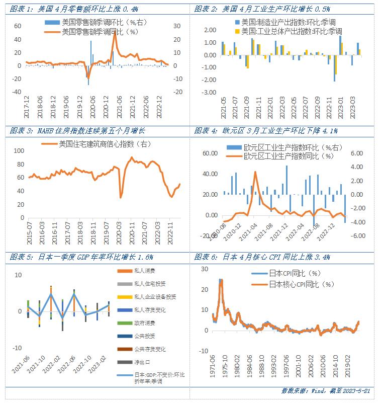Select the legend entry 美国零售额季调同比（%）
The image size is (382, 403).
(99, 32)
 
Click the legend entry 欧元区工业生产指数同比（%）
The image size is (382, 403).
(289, 155)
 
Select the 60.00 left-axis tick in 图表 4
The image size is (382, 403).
(208, 153)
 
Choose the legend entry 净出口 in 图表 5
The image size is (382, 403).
(142, 362)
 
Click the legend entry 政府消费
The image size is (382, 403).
(145, 323)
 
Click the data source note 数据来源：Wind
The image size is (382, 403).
(326, 391)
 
